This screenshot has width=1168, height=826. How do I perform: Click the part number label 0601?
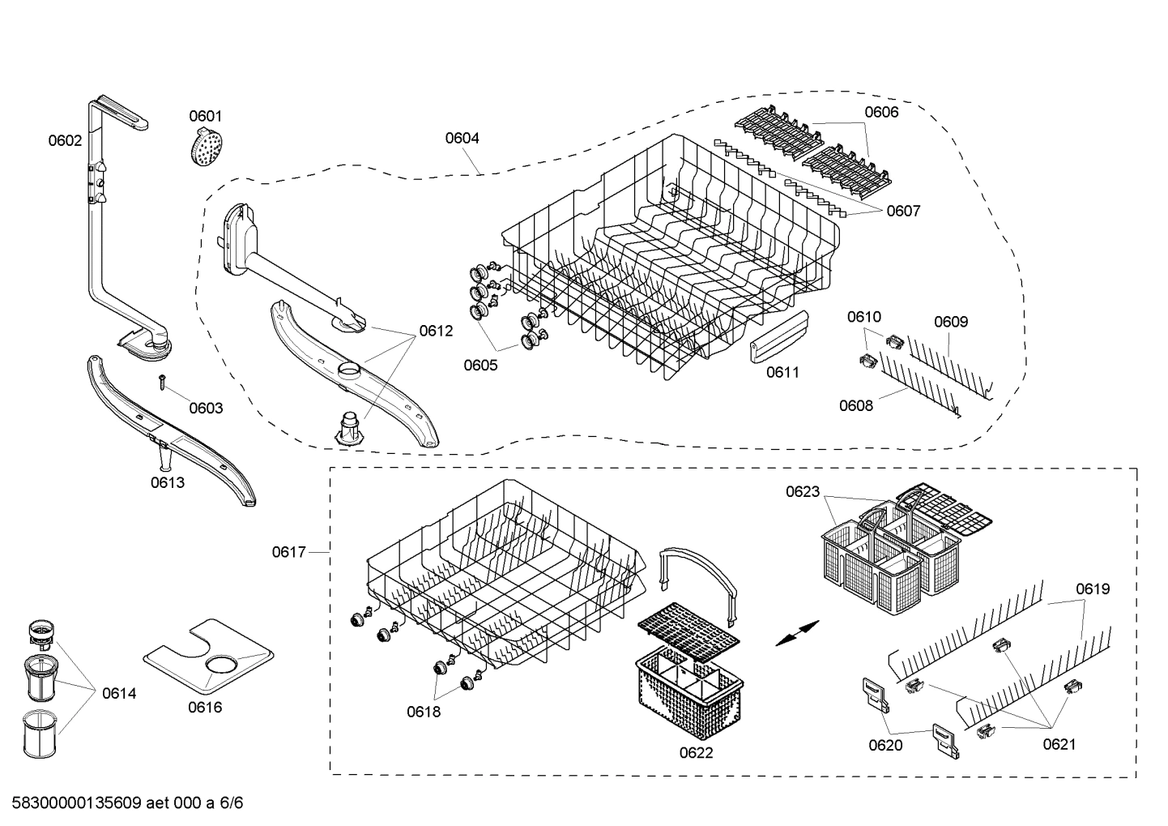point(205,116)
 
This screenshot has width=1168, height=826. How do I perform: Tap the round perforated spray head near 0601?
point(206,148)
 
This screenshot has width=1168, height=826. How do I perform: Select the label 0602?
point(65,140)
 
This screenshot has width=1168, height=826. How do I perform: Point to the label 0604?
point(462,138)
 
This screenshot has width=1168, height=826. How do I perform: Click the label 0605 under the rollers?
point(480,365)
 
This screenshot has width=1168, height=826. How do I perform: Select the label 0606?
point(881,112)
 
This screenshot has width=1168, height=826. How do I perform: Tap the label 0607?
point(903,211)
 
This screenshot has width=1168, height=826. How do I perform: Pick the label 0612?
point(436,331)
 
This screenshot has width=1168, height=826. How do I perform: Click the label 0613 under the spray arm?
point(167,482)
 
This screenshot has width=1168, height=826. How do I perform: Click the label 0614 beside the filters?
point(119,693)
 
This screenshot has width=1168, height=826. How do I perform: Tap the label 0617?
point(288,552)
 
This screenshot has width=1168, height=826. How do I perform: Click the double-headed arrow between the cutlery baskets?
point(797,633)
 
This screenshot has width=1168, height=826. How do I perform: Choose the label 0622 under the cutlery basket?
point(696,752)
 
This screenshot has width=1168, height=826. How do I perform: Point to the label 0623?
point(802,491)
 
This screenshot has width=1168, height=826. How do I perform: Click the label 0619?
point(1093,588)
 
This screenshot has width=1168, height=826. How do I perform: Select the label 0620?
point(885,745)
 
